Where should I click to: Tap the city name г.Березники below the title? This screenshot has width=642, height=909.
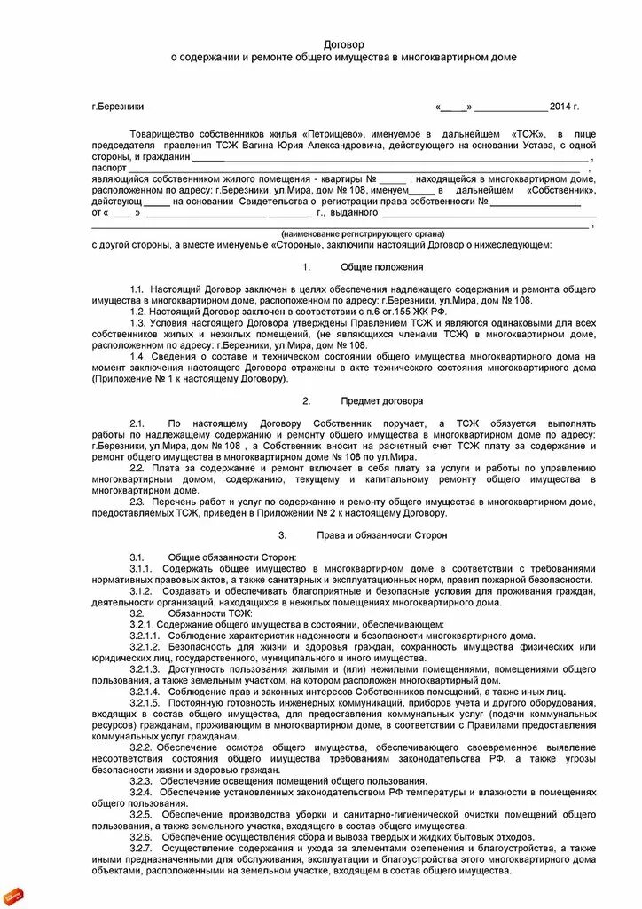pos(117,107)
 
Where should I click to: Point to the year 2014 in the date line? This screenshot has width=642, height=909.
pos(560,107)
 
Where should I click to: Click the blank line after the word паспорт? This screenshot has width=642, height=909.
pos(355,167)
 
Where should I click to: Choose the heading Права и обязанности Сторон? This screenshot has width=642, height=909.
pos(381,535)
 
